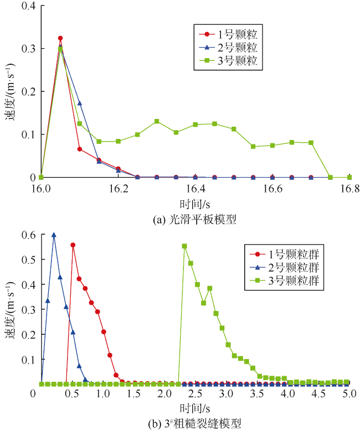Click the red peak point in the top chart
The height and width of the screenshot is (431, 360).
60,38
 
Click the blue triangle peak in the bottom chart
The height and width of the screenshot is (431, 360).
54,235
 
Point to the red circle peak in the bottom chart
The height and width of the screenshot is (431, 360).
73,245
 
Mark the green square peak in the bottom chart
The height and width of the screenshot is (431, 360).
184,246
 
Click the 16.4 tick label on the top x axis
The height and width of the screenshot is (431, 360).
196,189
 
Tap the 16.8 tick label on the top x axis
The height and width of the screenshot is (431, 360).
349,189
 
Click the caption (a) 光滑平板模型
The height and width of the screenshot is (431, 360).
194,219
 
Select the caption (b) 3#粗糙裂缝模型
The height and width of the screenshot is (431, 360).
194,423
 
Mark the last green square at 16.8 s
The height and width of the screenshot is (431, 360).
349,177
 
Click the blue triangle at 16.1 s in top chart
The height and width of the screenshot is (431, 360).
80,103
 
